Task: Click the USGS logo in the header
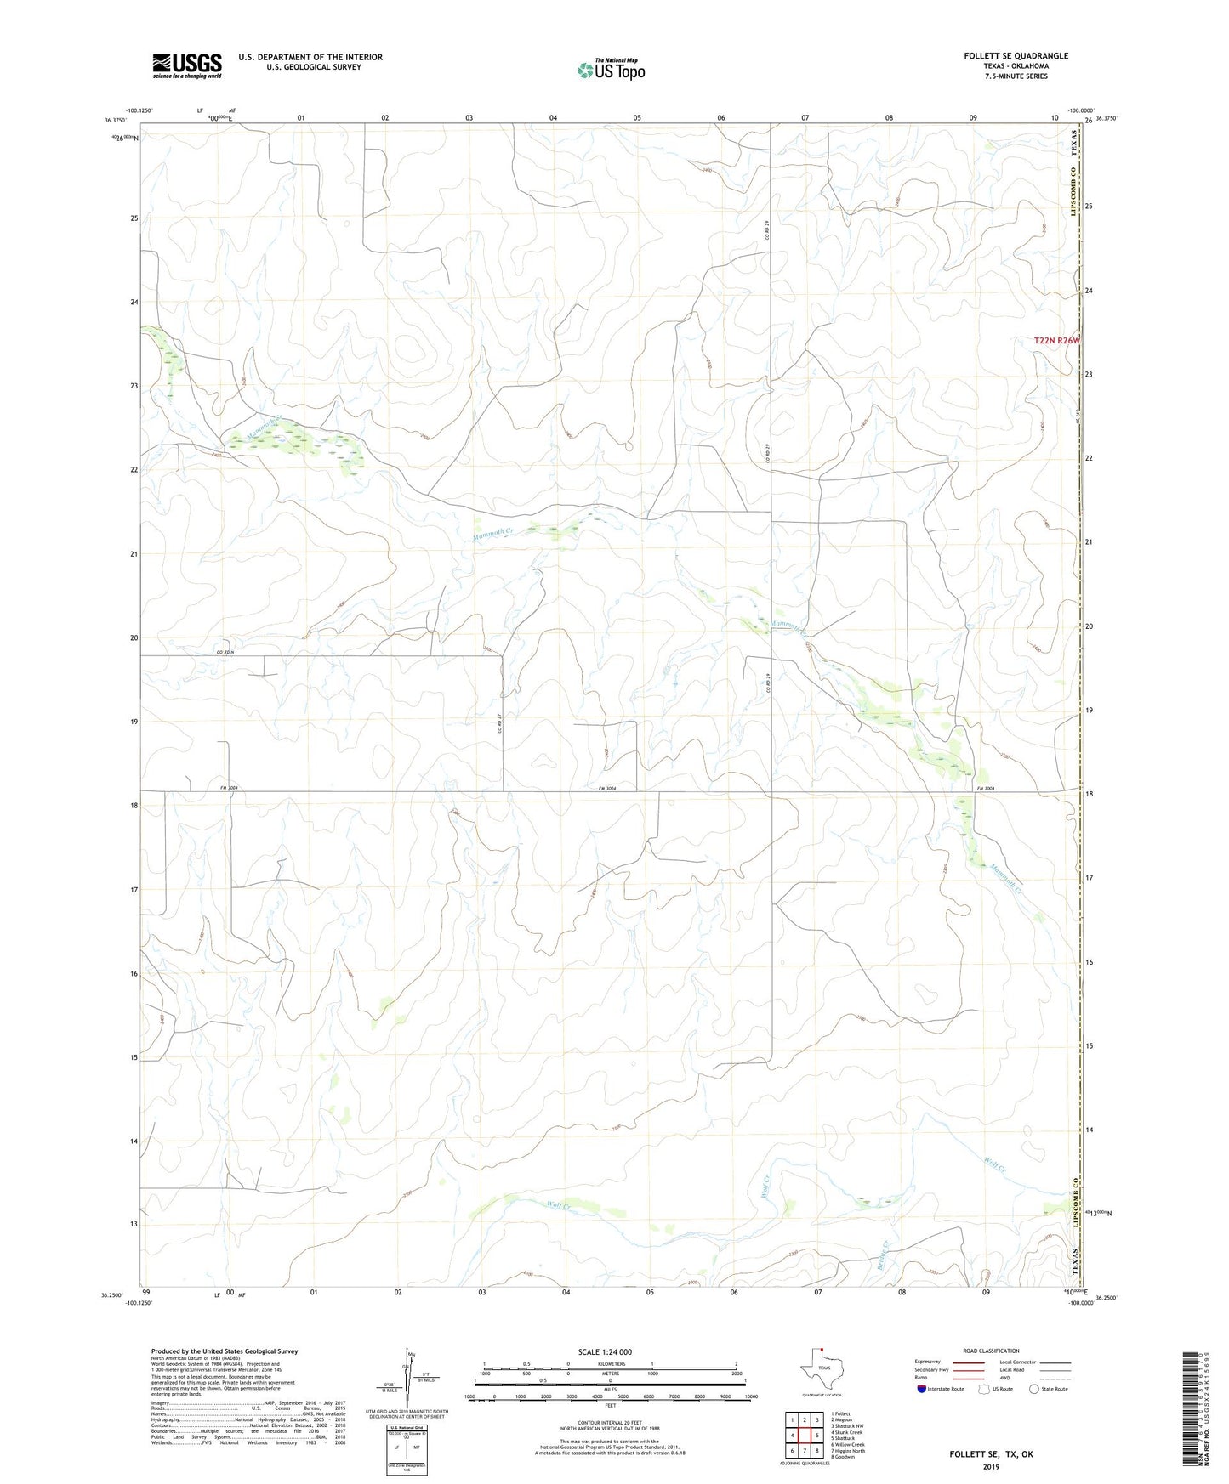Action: [187, 65]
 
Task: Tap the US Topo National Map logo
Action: [610, 69]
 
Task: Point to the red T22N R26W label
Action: [1056, 341]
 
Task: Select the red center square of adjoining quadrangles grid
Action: [804, 1435]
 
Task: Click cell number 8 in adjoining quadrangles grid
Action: [816, 1451]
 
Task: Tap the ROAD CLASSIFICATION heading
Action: [991, 1351]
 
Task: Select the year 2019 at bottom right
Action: [991, 1467]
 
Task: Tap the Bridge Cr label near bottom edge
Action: [883, 1254]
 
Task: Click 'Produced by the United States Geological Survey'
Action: [225, 1351]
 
